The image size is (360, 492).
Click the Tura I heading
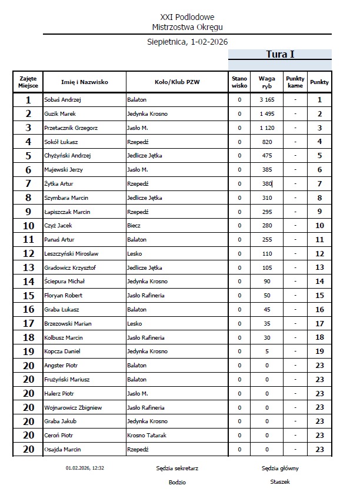click(280, 55)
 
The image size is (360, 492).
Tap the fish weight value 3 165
click(268, 100)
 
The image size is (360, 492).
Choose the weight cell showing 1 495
click(268, 114)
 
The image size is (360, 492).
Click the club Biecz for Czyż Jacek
click(135, 226)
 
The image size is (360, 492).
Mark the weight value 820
click(268, 142)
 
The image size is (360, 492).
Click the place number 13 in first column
click(28, 267)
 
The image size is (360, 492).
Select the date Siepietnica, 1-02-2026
click(187, 42)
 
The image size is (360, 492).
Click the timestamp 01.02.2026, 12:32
click(85, 468)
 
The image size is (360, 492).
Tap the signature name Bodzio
click(177, 482)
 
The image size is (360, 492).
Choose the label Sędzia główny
click(280, 468)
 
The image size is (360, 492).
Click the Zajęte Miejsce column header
click(28, 82)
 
